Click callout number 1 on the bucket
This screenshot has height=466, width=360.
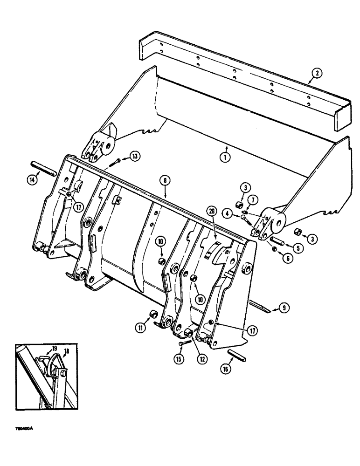225,157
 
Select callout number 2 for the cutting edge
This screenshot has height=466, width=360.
316,73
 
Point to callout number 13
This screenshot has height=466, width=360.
134,156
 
